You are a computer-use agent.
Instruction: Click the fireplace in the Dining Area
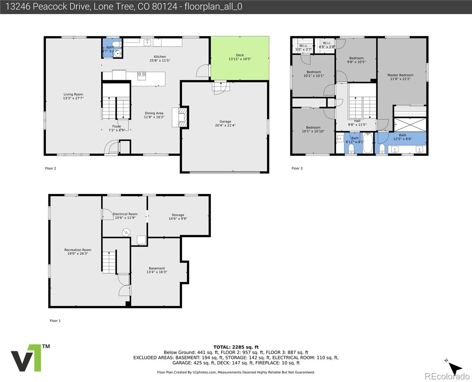pyautogui.click(x=180, y=117)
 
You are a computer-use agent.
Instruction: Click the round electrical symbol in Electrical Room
pyautogui.click(x=126, y=233)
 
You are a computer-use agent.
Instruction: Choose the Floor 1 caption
pyautogui.click(x=55, y=321)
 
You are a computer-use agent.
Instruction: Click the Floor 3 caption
pyautogui.click(x=297, y=168)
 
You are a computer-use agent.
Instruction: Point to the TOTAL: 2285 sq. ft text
pyautogui.click(x=236, y=347)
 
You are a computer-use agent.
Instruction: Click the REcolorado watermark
pyautogui.click(x=448, y=376)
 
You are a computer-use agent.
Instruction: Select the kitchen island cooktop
pyautogui.click(x=142, y=75)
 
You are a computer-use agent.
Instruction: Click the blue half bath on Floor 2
pyautogui.click(x=112, y=49)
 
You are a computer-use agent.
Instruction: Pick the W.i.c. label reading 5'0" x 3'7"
pyautogui.click(x=303, y=47)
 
